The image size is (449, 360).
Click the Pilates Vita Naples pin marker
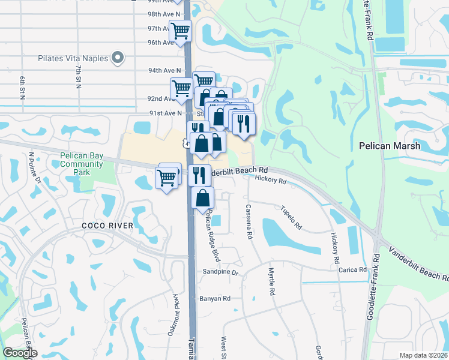[x=117, y=58]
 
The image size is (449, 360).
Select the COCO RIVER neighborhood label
[x=106, y=225]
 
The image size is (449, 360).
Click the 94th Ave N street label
[x=164, y=70]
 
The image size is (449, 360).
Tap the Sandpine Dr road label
[x=222, y=272]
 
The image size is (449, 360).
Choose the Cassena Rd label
[x=248, y=222]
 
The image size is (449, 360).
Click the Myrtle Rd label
[x=272, y=281]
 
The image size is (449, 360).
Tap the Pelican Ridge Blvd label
[x=211, y=236]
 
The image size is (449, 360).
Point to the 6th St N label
[x=22, y=88]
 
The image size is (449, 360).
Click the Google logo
[x=20, y=353]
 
